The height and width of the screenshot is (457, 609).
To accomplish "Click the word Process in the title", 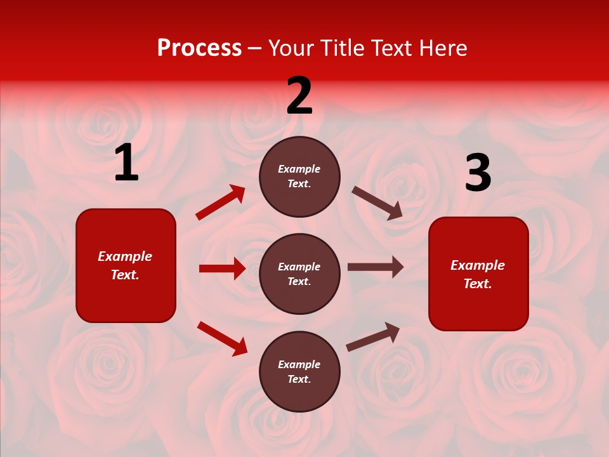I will [199, 48].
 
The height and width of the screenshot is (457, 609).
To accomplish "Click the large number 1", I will [126, 163].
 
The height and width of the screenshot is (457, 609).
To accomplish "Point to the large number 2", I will [299, 96].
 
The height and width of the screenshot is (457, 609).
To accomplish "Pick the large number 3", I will [478, 173].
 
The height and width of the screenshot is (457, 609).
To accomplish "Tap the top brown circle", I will [299, 176].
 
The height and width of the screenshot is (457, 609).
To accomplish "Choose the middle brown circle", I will [299, 274].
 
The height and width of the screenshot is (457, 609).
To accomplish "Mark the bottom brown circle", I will [299, 371].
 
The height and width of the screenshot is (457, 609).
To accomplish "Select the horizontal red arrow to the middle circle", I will [222, 268].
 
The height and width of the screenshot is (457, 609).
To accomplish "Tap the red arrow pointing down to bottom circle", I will [222, 338].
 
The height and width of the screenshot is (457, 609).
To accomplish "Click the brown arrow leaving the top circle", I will [377, 203].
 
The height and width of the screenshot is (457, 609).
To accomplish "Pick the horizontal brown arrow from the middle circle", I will [376, 267].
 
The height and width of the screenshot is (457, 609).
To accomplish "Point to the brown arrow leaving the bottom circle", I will [373, 336].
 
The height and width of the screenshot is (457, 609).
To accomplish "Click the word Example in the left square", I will [125, 256].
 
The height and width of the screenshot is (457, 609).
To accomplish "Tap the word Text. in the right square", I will [478, 284].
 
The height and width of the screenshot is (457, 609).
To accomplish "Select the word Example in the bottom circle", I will [299, 364].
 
